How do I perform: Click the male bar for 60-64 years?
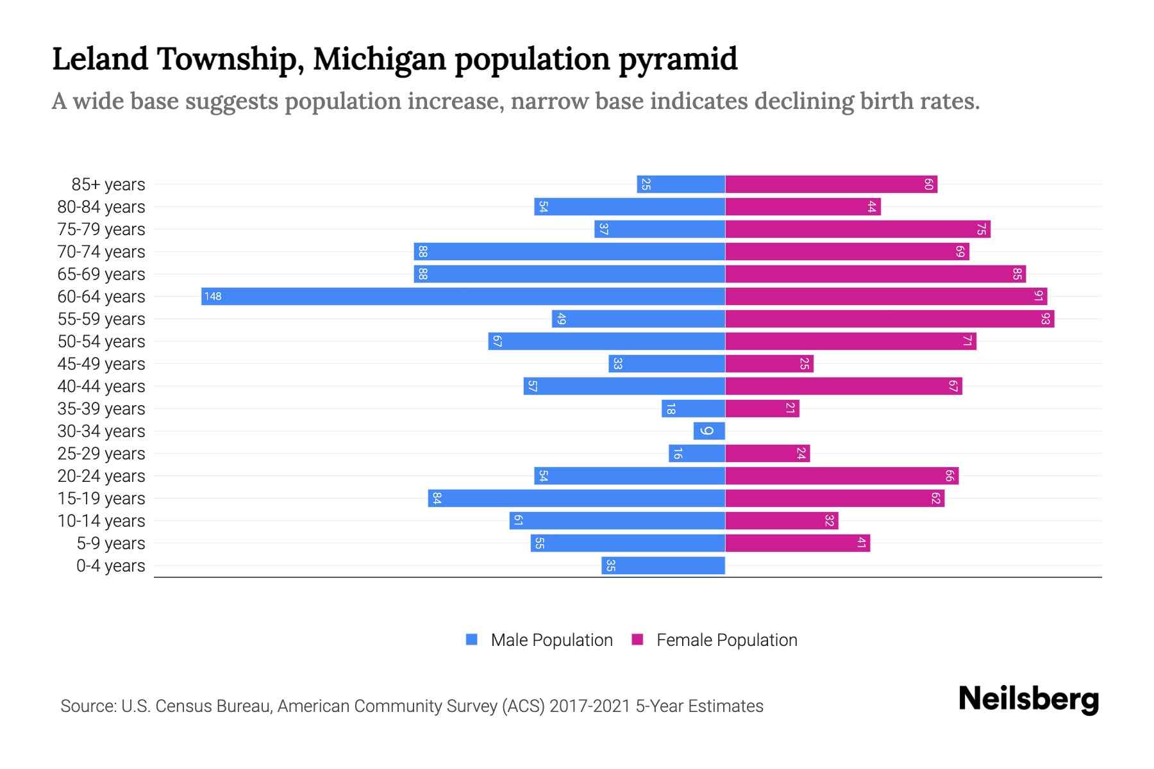point(463,296)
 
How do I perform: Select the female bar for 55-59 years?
point(889,318)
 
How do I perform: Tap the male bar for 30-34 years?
point(709,431)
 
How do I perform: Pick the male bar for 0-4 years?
point(663,565)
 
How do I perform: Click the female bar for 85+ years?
point(831,184)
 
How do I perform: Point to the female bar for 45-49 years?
point(769,363)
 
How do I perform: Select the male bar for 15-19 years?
point(576,498)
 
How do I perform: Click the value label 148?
point(213,296)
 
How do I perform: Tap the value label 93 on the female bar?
point(1046,318)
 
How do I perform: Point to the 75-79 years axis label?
point(101,229)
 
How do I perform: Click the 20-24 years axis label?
point(101,475)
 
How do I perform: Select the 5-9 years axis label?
point(110,543)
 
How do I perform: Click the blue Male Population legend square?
point(472,640)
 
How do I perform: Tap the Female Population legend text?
point(726,640)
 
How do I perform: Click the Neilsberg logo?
point(1028,699)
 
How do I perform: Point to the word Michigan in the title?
point(379,59)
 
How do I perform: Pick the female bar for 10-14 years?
point(782,520)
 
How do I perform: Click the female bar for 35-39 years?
point(762,408)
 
